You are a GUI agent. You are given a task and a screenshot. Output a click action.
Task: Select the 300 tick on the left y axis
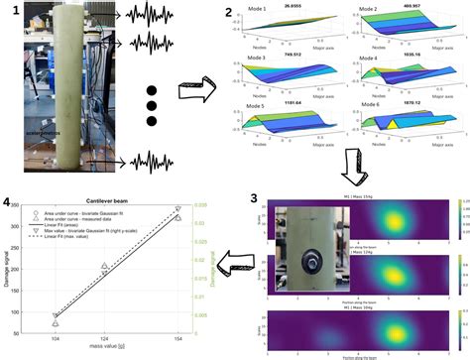pos(44,227)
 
